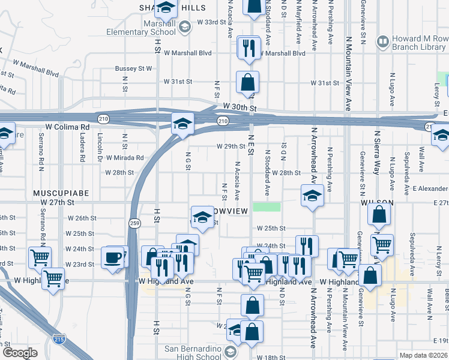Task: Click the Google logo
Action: pos(19,353)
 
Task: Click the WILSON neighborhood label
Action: pos(376,203)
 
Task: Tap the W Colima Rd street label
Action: pos(67,127)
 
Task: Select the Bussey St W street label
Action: pos(133,68)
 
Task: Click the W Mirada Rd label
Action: pos(125,158)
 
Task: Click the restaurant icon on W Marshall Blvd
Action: pos(248,47)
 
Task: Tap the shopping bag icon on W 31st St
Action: pos(247,82)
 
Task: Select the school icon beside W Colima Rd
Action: pos(182,124)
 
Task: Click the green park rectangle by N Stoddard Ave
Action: pos(267,207)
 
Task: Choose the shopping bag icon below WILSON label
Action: pos(379,214)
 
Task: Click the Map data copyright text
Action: pos(423,355)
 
